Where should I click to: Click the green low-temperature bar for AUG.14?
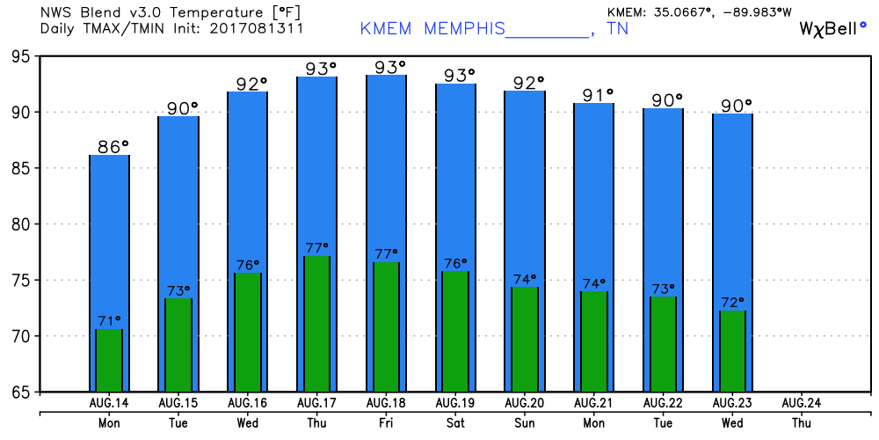(x=109, y=360)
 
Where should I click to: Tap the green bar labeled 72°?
(x=733, y=351)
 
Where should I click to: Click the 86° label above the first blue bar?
(x=113, y=147)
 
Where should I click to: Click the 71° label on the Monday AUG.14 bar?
(x=109, y=320)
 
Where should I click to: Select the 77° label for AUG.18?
(x=387, y=253)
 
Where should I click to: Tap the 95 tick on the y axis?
(x=17, y=56)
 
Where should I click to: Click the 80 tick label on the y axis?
(x=17, y=224)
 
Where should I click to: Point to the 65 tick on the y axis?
(x=17, y=392)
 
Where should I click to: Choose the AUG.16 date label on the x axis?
(x=248, y=402)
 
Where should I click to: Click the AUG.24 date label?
(x=802, y=402)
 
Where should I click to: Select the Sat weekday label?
(x=455, y=422)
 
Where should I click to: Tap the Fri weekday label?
(x=387, y=422)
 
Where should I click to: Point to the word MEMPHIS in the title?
(x=464, y=29)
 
